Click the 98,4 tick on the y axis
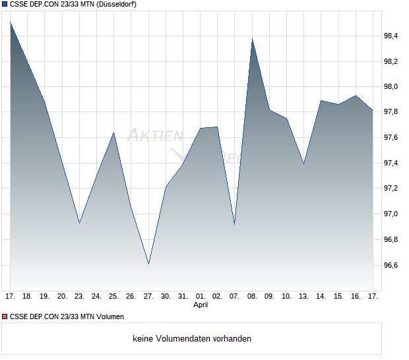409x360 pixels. pyautogui.click(x=391, y=36)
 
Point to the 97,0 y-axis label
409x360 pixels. pyautogui.click(x=391, y=214)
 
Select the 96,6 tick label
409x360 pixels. pyautogui.click(x=391, y=265)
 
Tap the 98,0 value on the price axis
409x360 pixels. pyautogui.click(x=391, y=86)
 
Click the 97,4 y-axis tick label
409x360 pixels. pyautogui.click(x=391, y=163)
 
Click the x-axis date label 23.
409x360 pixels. pyautogui.click(x=79, y=296)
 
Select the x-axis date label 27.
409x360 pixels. pyautogui.click(x=148, y=296)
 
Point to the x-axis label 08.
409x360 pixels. pyautogui.click(x=252, y=296)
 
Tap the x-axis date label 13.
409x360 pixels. pyautogui.click(x=303, y=296)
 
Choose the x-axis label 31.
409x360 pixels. pyautogui.click(x=183, y=296)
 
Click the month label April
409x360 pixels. pyautogui.click(x=201, y=305)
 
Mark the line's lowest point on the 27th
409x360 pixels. pyautogui.click(x=148, y=264)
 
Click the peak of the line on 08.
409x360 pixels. pyautogui.click(x=252, y=39)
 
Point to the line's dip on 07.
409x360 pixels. pyautogui.click(x=234, y=224)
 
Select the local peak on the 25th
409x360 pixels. pyautogui.click(x=113, y=133)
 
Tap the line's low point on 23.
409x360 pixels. pyautogui.click(x=79, y=223)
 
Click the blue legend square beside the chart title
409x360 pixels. pyautogui.click(x=5, y=5)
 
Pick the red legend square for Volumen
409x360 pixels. pyautogui.click(x=5, y=317)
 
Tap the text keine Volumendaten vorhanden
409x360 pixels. pyautogui.click(x=192, y=339)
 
